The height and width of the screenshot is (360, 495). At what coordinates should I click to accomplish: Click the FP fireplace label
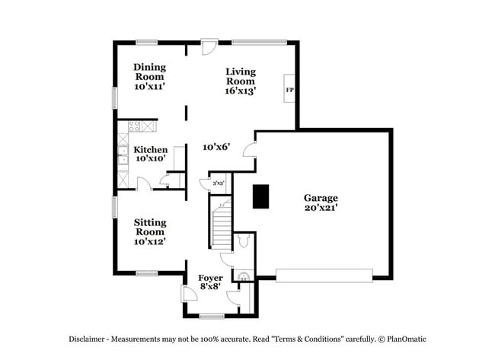pos(289,91)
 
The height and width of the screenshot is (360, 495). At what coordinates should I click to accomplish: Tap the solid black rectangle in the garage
pos(261,196)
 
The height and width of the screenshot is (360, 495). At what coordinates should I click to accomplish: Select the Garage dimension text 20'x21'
pos(321,207)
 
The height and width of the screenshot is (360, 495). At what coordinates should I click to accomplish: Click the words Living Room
pos(240,76)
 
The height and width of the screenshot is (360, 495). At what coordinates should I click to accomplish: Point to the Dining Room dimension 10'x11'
pos(150,88)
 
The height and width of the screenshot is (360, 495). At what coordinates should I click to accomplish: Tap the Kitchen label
pos(150,150)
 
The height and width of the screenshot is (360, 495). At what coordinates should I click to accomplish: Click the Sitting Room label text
pos(150,227)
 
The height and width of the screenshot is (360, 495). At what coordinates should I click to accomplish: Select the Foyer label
pos(210,278)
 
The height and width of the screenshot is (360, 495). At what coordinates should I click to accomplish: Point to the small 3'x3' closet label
pos(218,183)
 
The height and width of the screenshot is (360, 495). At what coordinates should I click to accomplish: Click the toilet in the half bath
pos(243,241)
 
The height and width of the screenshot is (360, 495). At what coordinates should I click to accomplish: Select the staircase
pos(221,225)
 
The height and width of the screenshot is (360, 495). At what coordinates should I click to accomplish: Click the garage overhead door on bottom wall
pos(324,275)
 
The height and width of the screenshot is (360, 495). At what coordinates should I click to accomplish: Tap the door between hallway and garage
pos(249,150)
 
